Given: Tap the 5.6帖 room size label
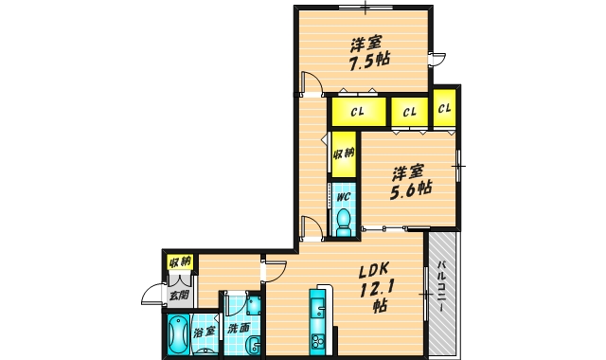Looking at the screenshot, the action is pos(410,190).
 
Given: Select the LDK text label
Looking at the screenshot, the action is pos(374,271).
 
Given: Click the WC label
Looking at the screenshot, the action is pos(343,197).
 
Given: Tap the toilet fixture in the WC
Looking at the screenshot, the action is pos(343,222).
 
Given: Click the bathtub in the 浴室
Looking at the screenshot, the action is pos(178,334).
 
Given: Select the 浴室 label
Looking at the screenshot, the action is pos(204,332).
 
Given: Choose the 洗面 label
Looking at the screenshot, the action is pos(238,329).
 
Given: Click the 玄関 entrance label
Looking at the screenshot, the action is pos(180,295).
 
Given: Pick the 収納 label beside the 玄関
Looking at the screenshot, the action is pos(180,262).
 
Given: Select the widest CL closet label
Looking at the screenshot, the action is pos(358,112).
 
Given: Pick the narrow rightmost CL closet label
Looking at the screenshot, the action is pos(444,108).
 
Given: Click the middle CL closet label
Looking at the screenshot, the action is pos(410,112).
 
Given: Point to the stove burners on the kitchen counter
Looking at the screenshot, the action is pos(318,342).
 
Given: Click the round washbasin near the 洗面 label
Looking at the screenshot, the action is pos(255,344).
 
